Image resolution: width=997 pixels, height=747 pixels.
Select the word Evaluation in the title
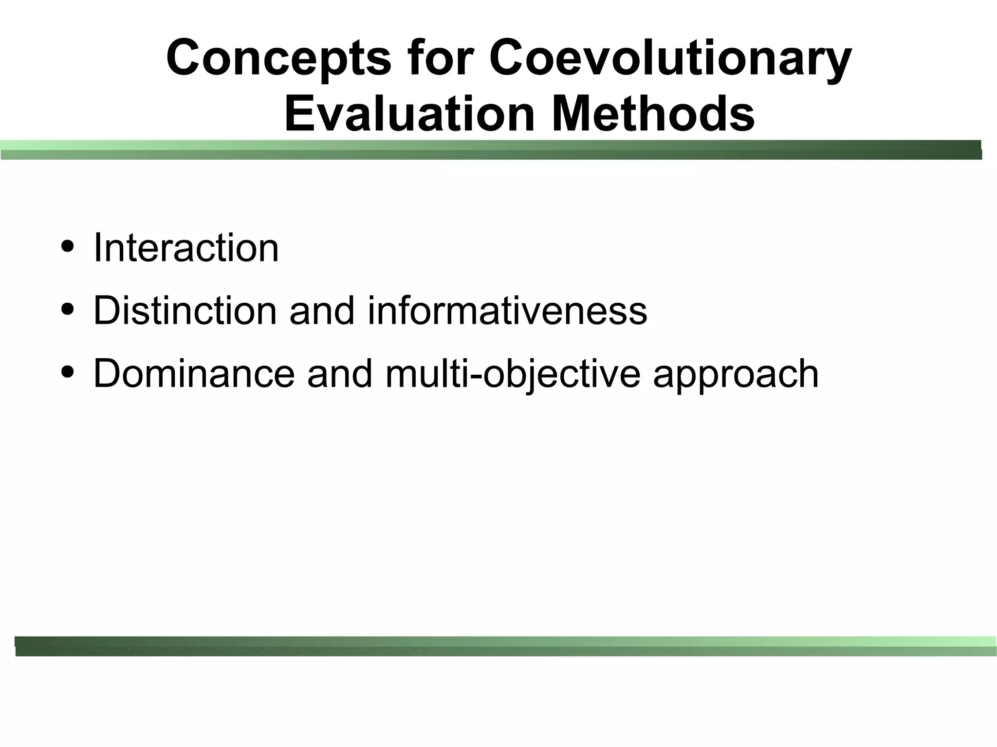coord(409,115)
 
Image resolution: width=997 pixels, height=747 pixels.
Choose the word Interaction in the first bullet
coord(186,248)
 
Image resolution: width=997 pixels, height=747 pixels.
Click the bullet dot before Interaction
coord(68,246)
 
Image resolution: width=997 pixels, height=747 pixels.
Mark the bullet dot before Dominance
coord(68,372)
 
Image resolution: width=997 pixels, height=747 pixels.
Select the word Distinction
coord(185,310)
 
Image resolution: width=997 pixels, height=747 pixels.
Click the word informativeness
coord(507,310)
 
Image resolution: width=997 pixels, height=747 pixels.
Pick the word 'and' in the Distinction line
coord(322,310)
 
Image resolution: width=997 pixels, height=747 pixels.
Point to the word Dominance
coord(194,373)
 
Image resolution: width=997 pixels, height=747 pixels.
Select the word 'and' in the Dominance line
coord(340,373)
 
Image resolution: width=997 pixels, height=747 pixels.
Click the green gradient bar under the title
coord(491,150)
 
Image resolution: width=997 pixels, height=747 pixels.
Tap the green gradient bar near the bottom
coord(505,646)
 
